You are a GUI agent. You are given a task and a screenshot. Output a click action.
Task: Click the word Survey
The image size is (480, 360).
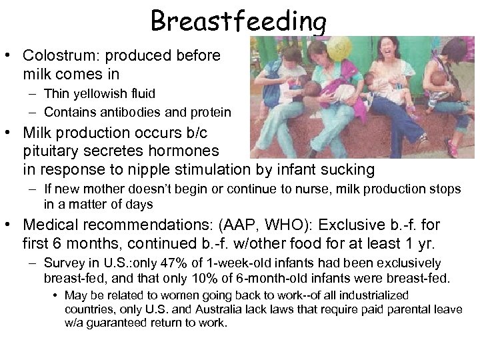click(62, 263)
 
